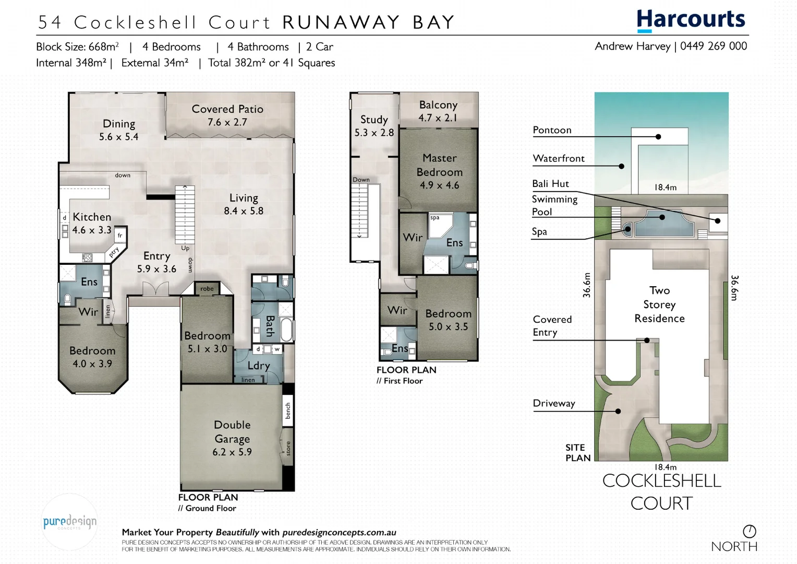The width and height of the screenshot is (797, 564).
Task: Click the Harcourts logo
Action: click(691, 20)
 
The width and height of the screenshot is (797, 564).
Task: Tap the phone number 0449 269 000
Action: click(713, 46)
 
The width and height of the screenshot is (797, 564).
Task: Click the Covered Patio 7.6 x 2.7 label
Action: click(227, 115)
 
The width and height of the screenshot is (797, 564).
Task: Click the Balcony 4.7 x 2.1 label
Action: click(438, 111)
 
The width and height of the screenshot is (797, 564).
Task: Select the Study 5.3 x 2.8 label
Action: click(374, 126)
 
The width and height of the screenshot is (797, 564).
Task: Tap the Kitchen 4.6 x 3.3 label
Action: click(92, 223)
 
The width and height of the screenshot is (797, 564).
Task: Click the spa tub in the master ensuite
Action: click(439, 225)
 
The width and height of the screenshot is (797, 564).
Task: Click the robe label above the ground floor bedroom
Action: click(207, 289)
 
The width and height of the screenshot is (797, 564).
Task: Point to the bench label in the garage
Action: click(288, 410)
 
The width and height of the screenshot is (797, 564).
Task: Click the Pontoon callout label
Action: click(552, 130)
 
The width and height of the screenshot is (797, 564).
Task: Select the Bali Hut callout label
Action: click(550, 184)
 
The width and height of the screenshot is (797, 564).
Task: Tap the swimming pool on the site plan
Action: click(661, 222)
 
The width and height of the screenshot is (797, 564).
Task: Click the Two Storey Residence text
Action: click(659, 304)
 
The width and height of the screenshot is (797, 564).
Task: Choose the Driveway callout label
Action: click(553, 403)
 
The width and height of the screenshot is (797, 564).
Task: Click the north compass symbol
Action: click(749, 532)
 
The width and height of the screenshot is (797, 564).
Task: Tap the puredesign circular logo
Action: click(69, 522)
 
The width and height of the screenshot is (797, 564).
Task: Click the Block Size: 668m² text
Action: click(77, 46)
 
